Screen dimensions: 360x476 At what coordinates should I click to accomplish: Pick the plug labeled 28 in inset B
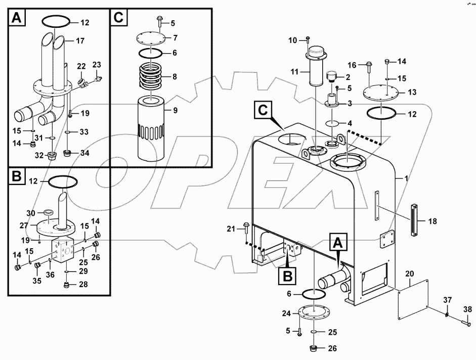(x=66, y=286)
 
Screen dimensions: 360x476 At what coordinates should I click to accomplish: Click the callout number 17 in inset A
(x=80, y=40)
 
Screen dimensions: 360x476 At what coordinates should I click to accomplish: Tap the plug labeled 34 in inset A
(x=66, y=152)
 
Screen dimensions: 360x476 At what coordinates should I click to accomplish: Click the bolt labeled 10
(x=307, y=40)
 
